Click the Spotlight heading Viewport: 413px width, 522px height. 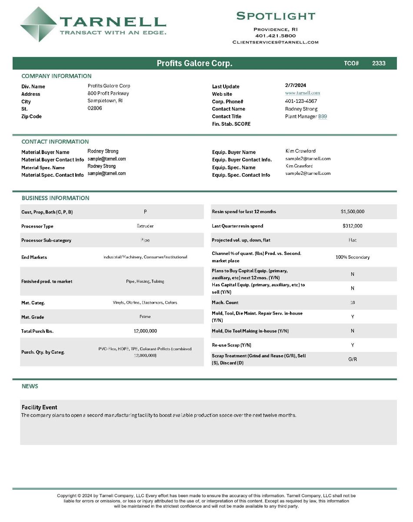pyautogui.click(x=276, y=16)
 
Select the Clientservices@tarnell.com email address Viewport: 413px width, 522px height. pyautogui.click(x=276, y=42)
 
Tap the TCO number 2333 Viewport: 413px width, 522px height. pyautogui.click(x=379, y=63)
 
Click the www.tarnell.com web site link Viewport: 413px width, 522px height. pyautogui.click(x=303, y=93)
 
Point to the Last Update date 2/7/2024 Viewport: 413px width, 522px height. pyautogui.click(x=296, y=85)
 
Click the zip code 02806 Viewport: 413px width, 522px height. pyautogui.click(x=95, y=108)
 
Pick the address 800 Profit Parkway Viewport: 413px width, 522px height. pyautogui.click(x=108, y=93)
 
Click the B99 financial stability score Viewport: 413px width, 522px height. pyautogui.click(x=323, y=117)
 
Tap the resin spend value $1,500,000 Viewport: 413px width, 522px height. pyautogui.click(x=353, y=212)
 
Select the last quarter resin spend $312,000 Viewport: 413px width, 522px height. pyautogui.click(x=353, y=226)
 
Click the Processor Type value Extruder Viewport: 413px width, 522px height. pyautogui.click(x=145, y=226)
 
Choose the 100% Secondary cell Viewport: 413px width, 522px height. pyautogui.click(x=353, y=257)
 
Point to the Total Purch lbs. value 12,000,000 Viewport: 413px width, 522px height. pyautogui.click(x=145, y=331)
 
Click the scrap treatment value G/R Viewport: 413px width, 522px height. pyautogui.click(x=353, y=359)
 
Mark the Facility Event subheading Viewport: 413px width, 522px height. pyautogui.click(x=40, y=407)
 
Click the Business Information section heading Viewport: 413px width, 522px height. pyautogui.click(x=55, y=198)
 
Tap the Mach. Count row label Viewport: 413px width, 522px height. pyautogui.click(x=225, y=303)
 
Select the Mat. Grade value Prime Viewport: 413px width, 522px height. pyautogui.click(x=145, y=317)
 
